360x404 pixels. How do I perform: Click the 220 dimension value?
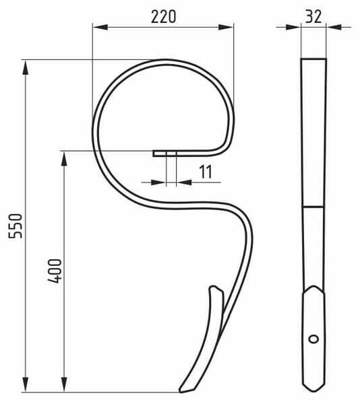point(164,17)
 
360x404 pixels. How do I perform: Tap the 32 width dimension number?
point(313,17)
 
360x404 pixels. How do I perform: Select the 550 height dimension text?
point(16,226)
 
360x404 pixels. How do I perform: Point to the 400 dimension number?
point(55,271)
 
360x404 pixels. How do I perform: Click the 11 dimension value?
point(206,172)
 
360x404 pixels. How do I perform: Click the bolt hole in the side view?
point(313,339)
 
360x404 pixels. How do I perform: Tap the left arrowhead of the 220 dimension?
point(100,27)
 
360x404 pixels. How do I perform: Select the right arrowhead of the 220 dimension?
point(226,27)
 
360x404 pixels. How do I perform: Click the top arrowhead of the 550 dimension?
point(25,67)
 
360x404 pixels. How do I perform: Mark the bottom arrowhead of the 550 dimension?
point(25,384)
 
